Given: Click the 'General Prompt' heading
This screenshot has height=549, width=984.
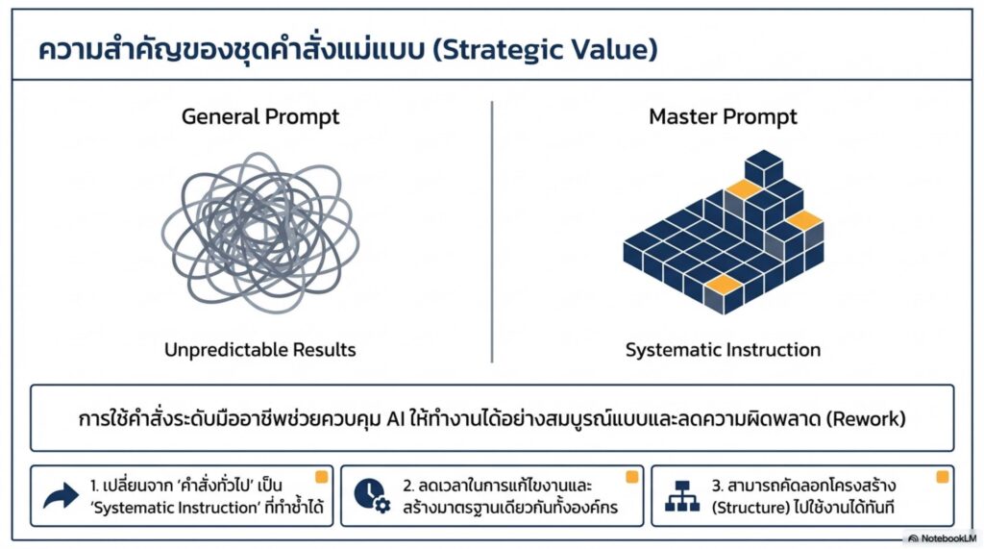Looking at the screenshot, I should (260, 117).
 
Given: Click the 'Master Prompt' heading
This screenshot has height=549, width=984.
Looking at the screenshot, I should (723, 117).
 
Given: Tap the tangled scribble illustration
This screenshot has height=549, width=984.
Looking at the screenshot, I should (260, 231).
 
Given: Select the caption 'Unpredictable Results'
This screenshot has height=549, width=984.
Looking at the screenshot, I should (260, 349).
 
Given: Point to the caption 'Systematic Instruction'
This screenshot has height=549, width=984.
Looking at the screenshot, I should (723, 349).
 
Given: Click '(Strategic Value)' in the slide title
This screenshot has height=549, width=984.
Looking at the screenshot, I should (545, 50).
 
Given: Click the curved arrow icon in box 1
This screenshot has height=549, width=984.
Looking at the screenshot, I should (61, 496).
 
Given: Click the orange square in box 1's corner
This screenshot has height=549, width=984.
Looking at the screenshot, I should (322, 477).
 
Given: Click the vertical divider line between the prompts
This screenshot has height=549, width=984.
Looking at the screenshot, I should (492, 231).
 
